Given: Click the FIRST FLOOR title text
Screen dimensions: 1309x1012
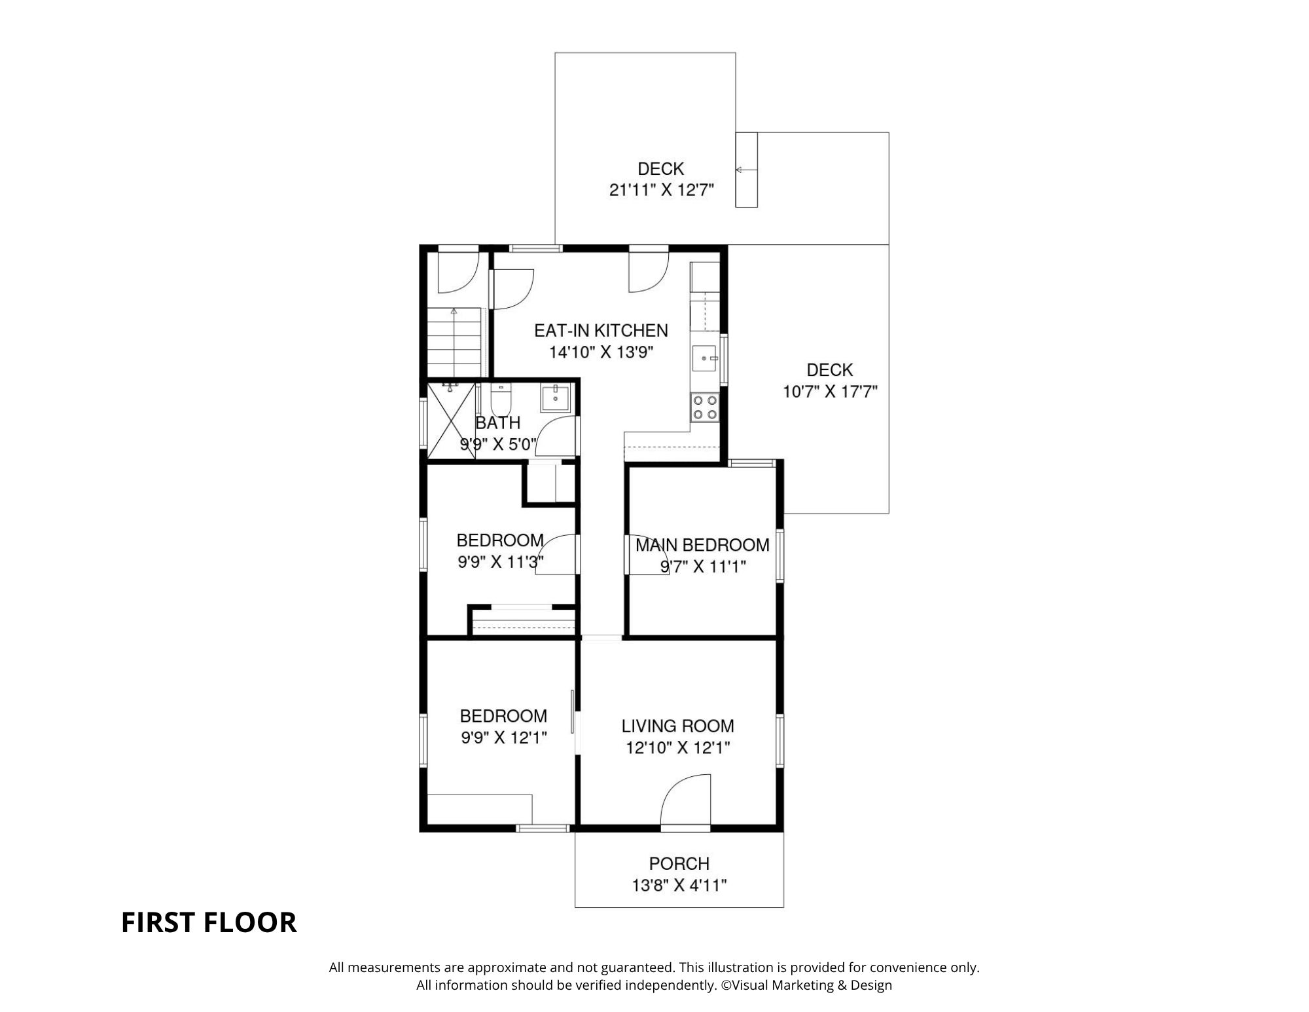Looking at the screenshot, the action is (x=209, y=922).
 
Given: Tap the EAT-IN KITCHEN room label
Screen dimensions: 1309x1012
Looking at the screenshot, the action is (x=601, y=331).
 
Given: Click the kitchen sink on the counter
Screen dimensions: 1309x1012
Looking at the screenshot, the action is (x=706, y=359).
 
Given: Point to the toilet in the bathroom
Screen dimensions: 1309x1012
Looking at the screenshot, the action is (x=501, y=397).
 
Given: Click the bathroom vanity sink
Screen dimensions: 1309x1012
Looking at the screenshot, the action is (x=556, y=398).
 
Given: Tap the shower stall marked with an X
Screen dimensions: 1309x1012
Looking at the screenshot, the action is (x=451, y=419).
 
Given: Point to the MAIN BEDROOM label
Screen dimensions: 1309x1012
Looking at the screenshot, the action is (x=702, y=545).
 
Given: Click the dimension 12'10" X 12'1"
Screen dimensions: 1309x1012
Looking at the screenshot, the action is (x=677, y=747).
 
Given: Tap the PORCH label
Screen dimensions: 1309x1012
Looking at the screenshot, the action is (x=679, y=864).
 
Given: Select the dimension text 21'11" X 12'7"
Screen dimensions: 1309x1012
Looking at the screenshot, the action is (x=661, y=191).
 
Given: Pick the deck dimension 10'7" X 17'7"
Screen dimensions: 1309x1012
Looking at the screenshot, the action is (x=830, y=392).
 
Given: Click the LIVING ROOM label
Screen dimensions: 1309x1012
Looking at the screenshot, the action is (x=677, y=726).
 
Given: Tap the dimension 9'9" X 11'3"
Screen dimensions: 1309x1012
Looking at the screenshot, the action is (x=501, y=562).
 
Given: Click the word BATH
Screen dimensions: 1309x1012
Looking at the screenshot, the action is (x=498, y=423).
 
